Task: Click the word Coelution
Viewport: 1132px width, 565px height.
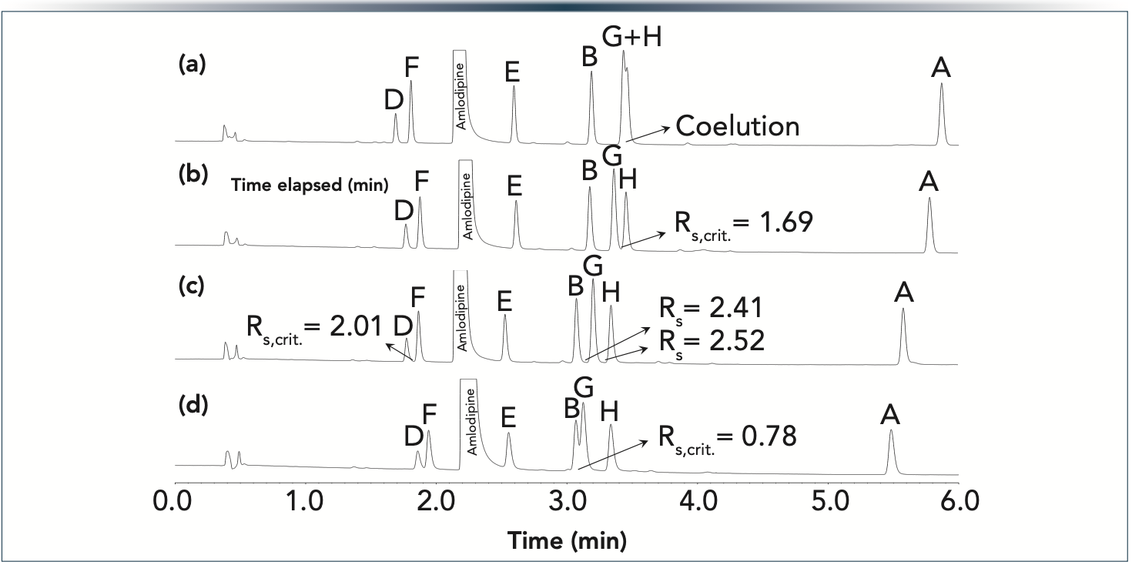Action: point(737,126)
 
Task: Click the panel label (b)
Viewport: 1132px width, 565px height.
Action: point(193,175)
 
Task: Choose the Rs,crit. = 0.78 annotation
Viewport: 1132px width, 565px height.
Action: point(725,437)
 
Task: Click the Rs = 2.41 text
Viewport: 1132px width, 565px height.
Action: point(710,308)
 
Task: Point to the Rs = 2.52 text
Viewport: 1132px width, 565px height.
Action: point(710,340)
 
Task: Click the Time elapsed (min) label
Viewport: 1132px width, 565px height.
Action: point(310,184)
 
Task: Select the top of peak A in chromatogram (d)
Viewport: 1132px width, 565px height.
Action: point(891,430)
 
